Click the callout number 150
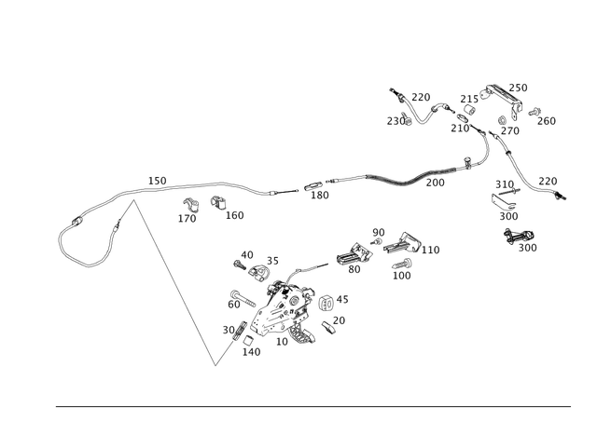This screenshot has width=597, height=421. click(x=158, y=181)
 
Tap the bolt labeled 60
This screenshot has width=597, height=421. click(x=243, y=300)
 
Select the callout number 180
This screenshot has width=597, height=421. click(x=319, y=195)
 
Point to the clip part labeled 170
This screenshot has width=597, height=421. click(x=191, y=205)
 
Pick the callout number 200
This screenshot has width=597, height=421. click(x=436, y=183)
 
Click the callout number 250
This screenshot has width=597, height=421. click(x=519, y=88)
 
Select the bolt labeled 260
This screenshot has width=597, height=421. click(x=535, y=112)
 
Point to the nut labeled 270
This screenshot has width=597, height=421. click(x=502, y=120)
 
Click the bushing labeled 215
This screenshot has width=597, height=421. click(x=470, y=111)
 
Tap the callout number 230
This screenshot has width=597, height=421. click(x=396, y=121)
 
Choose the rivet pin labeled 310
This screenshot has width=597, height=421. click(x=507, y=191)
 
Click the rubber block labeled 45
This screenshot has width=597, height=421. click(x=326, y=303)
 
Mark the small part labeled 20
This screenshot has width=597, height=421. click(x=327, y=328)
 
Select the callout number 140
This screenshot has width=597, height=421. click(x=251, y=352)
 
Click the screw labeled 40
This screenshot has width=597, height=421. click(x=240, y=265)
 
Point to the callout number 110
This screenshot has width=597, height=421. click(x=431, y=250)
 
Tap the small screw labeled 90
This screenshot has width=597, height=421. click(x=377, y=242)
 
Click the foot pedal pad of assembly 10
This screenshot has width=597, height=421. click(x=301, y=333)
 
